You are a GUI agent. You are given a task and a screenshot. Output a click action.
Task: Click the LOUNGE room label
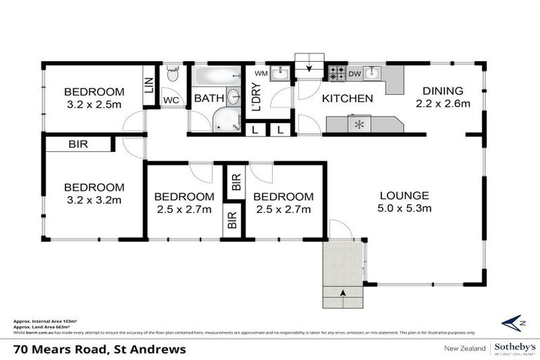pyautogui.click(x=404, y=195)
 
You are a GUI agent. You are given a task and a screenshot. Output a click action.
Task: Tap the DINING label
pyautogui.click(x=442, y=91)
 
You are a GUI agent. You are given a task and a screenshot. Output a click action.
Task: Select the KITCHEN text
pyautogui.click(x=347, y=98)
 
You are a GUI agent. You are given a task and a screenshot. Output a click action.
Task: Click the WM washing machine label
pyautogui.click(x=260, y=73)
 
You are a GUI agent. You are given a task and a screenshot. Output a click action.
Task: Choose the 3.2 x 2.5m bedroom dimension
pyautogui.click(x=94, y=105)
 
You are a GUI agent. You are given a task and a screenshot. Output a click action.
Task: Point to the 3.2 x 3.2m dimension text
pyautogui.click(x=94, y=200)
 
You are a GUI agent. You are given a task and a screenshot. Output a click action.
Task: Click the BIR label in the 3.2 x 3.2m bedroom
pyautogui.click(x=78, y=144)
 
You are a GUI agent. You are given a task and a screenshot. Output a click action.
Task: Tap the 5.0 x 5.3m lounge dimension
pyautogui.click(x=404, y=208)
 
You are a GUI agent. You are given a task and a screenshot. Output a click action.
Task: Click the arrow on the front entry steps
pyautogui.click(x=343, y=292)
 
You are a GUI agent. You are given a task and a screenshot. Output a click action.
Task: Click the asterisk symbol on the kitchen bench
pyautogui.click(x=361, y=125)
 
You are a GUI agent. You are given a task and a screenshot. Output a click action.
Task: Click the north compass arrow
pyautogui.click(x=515, y=323)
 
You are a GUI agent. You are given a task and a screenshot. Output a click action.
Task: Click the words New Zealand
pyautogui.click(x=463, y=349)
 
